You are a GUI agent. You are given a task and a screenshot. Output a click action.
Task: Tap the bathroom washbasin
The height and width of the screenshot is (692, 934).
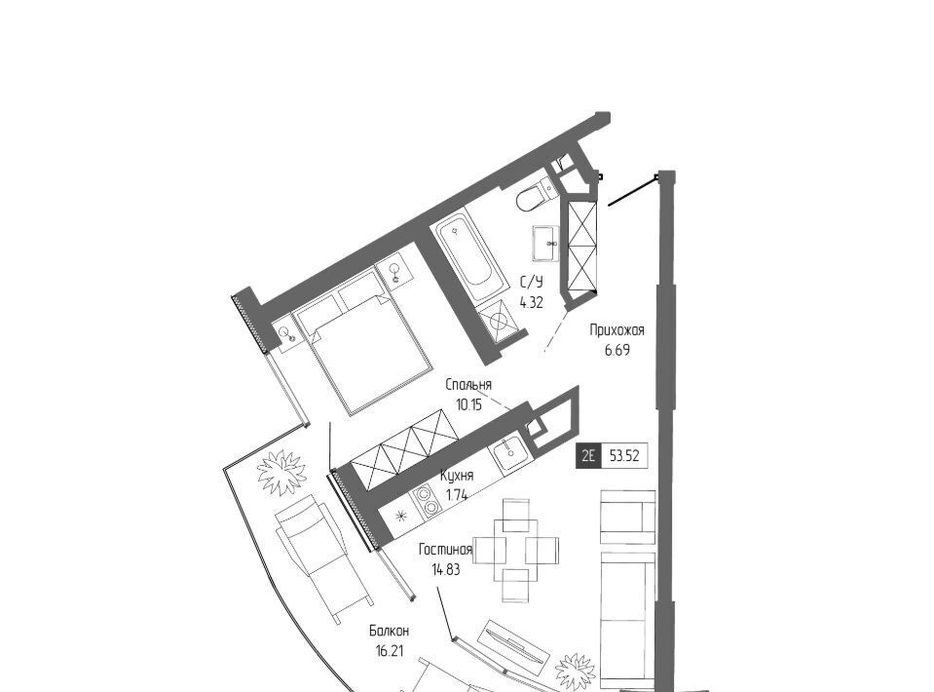coord(545,244)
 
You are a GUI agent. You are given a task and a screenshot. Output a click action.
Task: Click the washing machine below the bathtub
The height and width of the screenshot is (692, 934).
coord(499,320)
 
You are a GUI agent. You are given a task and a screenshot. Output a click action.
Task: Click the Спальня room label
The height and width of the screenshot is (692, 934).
coord(468,385)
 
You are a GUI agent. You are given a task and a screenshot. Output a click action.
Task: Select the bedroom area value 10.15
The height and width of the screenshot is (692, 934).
coord(468,405)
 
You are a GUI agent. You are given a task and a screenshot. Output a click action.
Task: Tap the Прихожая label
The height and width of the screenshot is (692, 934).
coord(617,329)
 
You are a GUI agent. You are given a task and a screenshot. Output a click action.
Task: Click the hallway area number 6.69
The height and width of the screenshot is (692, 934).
coord(617,350)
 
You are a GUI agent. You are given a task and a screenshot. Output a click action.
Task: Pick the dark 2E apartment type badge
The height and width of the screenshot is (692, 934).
coord(588,456)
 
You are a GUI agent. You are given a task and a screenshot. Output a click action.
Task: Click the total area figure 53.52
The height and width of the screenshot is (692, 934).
coord(624,456)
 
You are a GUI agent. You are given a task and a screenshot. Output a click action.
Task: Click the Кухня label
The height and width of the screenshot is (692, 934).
coord(457,476)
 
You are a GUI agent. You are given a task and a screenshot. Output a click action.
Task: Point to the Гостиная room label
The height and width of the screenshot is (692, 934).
coord(445,550)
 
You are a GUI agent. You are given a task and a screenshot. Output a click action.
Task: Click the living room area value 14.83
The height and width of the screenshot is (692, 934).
coord(445,570)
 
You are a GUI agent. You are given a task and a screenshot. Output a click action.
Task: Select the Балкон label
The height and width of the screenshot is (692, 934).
coord(389,631)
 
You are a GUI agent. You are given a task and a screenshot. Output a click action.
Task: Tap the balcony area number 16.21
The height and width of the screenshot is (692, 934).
coord(389,651)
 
